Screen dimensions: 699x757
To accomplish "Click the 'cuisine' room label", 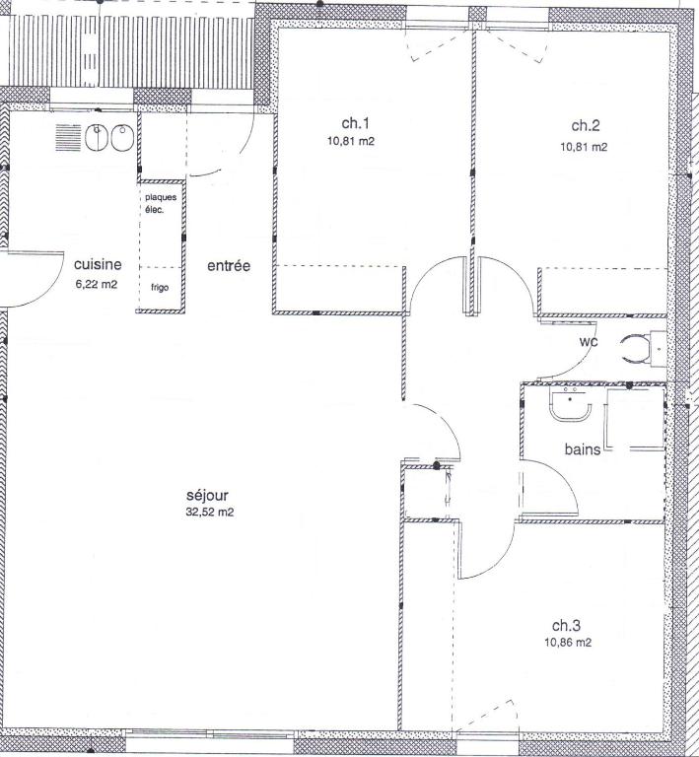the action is click(x=98, y=264).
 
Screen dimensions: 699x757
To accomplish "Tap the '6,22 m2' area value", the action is click(x=97, y=284).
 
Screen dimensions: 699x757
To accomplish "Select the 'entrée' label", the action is click(x=229, y=265).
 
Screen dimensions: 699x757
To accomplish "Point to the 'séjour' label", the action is click(x=207, y=496).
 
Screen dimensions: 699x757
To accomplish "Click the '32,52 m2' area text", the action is click(x=210, y=513).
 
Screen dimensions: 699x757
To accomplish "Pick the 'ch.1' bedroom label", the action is click(x=355, y=123).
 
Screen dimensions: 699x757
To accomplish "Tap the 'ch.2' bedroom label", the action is click(x=586, y=125).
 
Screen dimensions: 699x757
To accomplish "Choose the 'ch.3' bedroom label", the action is click(x=566, y=626).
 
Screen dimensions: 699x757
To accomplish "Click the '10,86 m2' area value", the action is click(x=568, y=643).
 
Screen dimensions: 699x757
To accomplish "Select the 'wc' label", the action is click(x=589, y=342).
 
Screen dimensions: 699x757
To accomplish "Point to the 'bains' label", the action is click(x=583, y=449).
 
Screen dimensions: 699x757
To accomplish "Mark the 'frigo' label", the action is click(x=160, y=287).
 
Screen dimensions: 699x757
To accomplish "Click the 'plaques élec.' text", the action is click(x=161, y=204).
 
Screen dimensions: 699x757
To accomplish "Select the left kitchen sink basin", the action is click(x=97, y=138).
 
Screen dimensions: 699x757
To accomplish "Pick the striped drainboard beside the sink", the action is click(x=68, y=138).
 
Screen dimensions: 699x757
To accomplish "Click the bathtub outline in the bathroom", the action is click(x=634, y=419).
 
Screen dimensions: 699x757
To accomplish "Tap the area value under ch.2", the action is click(x=584, y=147).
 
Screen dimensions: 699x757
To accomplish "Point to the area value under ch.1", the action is click(x=351, y=142).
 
